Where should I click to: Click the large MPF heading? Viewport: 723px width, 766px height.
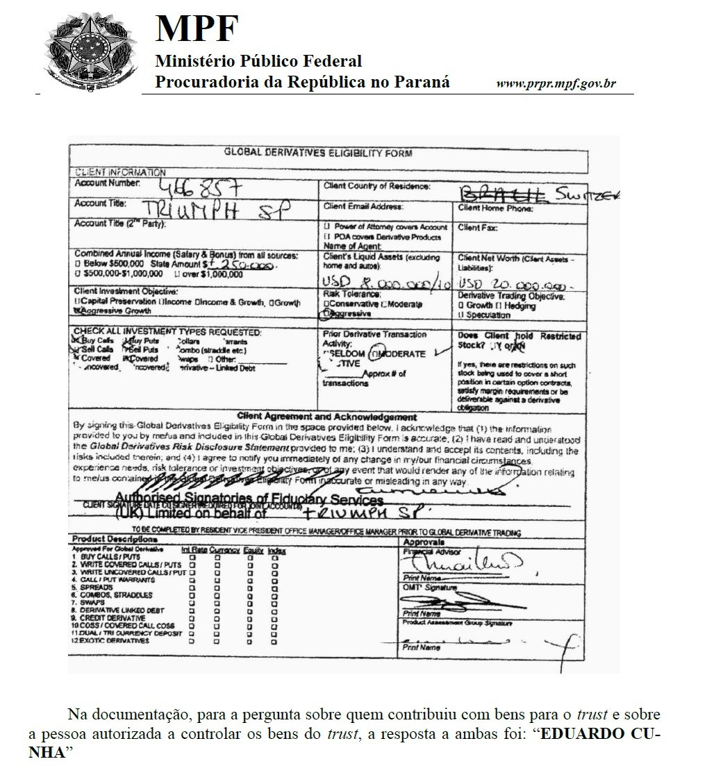197,29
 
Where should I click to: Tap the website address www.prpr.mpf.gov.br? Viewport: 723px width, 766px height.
556,84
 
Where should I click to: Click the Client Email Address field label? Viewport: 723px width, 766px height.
363,206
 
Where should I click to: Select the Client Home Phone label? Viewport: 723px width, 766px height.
495,208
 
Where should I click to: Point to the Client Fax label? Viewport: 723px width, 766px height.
478,227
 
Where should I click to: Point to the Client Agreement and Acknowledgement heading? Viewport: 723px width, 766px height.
326,417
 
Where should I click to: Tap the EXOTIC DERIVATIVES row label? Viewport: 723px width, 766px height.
111,640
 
